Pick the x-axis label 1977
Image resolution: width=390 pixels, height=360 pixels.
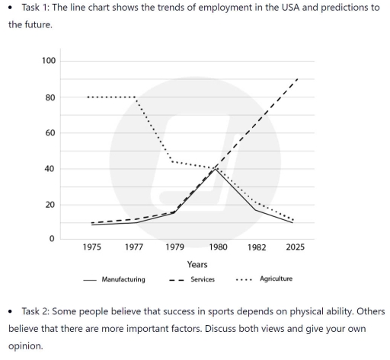coord(133,247)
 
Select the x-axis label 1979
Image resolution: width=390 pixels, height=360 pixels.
coord(174,247)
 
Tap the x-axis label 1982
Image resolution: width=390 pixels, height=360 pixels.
coord(257,247)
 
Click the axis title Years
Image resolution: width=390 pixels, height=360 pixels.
coord(197,265)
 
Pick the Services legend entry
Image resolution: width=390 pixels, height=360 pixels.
coord(202,279)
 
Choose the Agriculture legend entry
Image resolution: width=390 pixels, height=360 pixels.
coord(276,279)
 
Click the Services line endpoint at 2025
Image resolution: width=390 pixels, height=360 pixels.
coord(297,78)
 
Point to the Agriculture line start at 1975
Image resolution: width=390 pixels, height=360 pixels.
coord(89,97)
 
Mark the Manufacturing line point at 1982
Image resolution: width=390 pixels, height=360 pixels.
coord(257,209)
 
